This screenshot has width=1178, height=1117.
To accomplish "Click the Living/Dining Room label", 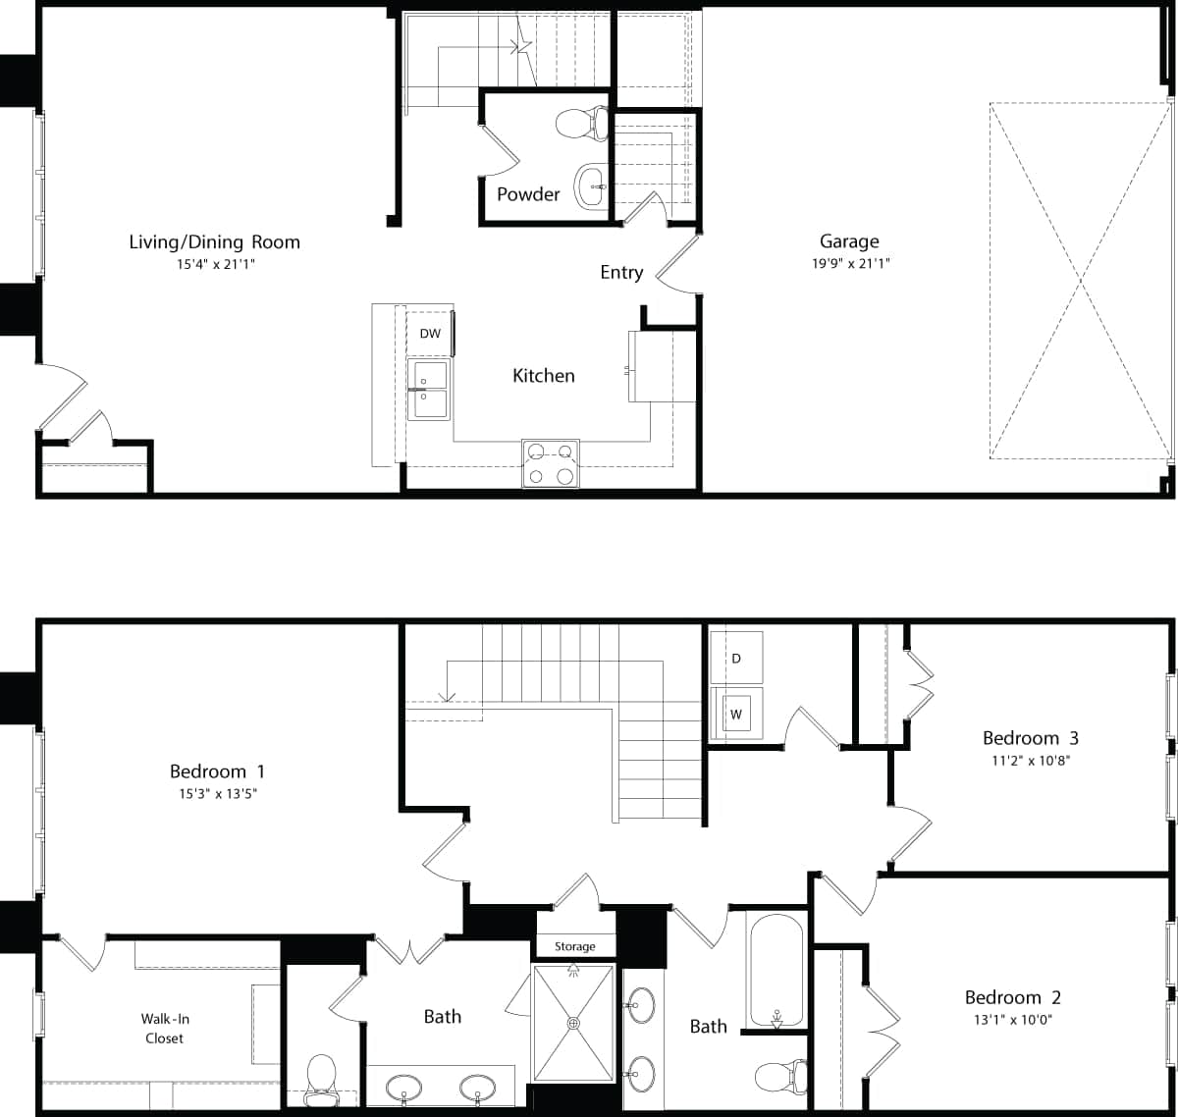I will (x=214, y=241).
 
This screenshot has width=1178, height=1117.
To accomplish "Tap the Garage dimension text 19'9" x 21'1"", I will (x=849, y=263).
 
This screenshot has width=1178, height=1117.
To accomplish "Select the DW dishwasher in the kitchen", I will (x=430, y=334).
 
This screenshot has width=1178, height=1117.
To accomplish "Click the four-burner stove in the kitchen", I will (x=550, y=463).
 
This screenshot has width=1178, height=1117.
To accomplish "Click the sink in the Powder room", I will (x=590, y=186).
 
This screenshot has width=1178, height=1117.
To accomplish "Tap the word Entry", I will (x=621, y=273).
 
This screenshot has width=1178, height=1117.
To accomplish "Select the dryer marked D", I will (x=736, y=658).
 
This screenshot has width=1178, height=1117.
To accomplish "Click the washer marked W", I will (x=735, y=715).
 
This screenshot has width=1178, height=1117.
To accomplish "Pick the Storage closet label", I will (x=574, y=946).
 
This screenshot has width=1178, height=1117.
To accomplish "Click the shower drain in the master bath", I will (x=573, y=1023).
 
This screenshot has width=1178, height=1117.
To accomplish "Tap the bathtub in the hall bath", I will (x=776, y=972).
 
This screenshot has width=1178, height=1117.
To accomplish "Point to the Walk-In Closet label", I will (x=163, y=1029).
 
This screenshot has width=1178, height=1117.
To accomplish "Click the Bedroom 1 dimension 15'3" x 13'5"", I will (x=217, y=794).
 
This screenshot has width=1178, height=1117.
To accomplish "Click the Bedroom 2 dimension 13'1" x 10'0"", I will (x=1012, y=1019).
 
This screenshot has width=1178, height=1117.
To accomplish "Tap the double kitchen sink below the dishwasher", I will (x=428, y=390).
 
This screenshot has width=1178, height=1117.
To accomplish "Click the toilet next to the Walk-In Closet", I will (x=322, y=1076).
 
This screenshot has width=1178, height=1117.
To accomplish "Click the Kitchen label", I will (x=543, y=375).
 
